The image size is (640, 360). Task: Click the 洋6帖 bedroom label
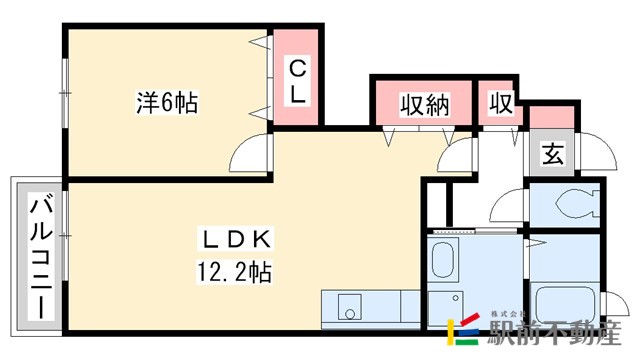pyautogui.click(x=166, y=102)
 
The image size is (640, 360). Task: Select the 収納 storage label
pyautogui.click(x=424, y=104)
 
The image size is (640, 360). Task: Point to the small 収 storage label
pyautogui.click(x=500, y=104)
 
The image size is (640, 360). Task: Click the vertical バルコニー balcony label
pyautogui.click(x=41, y=256)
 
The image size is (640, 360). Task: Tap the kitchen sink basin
pyautogui.click(x=351, y=304)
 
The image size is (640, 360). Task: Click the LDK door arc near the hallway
pyautogui.click(x=463, y=152)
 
